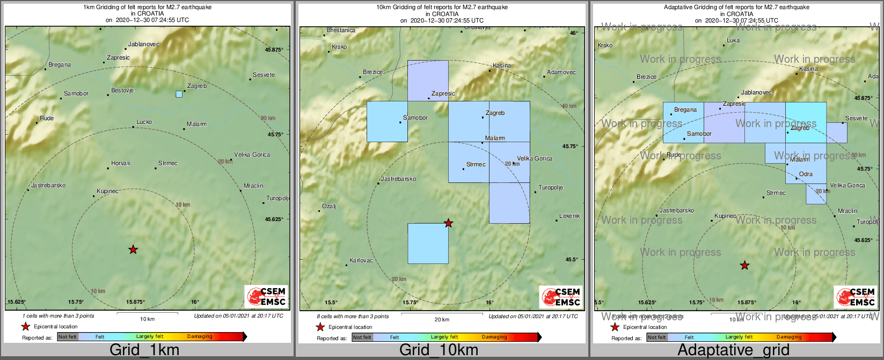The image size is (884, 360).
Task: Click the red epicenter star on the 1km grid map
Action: [133, 249]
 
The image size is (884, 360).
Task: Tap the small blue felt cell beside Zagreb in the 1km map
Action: [179, 94]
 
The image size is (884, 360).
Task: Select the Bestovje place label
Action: [122, 91]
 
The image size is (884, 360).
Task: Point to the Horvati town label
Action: [121, 164]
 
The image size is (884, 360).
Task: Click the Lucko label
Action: [144, 122]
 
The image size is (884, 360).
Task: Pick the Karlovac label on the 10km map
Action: [361, 261]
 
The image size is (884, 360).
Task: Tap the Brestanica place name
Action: [341, 31]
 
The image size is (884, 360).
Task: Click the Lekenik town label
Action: [569, 216]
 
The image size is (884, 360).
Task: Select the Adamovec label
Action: [561, 72]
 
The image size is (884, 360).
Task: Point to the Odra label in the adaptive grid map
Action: [806, 174]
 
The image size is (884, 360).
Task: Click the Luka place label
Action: [733, 41]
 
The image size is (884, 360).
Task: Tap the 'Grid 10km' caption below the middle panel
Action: [439, 350]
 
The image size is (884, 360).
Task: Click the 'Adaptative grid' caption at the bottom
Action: [733, 350]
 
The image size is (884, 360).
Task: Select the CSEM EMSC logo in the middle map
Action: [560, 297]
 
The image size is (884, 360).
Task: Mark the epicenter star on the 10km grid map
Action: [448, 223]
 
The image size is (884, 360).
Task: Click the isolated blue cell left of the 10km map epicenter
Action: [428, 243]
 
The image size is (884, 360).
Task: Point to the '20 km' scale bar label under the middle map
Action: [442, 320]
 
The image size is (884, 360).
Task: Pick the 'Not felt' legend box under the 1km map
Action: [68, 337]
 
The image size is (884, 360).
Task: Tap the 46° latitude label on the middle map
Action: [574, 33]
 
